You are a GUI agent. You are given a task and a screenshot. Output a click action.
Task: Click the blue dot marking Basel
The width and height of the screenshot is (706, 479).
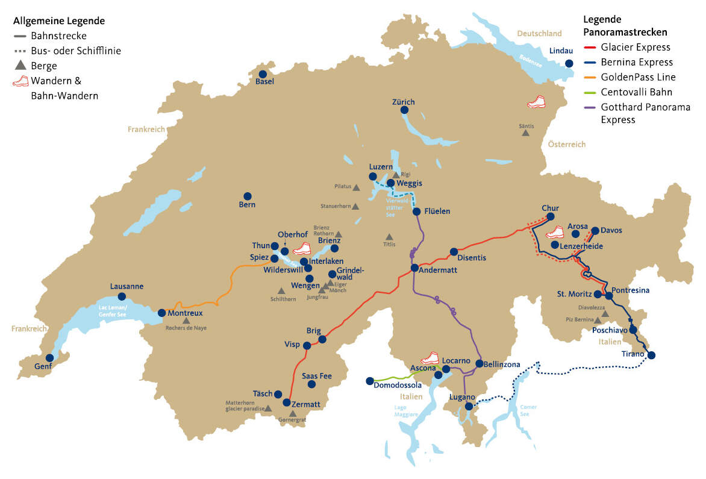pyautogui.click(x=263, y=74)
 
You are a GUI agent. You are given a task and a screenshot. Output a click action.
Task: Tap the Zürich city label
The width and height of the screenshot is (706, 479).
pyautogui.click(x=403, y=102)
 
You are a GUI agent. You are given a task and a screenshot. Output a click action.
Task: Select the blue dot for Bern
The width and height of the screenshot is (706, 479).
pyautogui.click(x=247, y=196)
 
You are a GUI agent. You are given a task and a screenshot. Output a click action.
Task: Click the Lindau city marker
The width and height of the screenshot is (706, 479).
pyautogui.click(x=569, y=63)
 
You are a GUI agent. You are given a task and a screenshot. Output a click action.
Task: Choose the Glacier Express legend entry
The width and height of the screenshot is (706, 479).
pyautogui.click(x=635, y=48)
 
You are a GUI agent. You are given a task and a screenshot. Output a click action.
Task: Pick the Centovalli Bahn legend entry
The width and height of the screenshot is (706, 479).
pyautogui.click(x=636, y=92)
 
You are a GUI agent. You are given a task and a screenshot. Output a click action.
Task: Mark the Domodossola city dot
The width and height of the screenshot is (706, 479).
pyautogui.click(x=369, y=381)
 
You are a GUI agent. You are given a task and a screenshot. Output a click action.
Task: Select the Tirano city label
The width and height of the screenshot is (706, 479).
pyautogui.click(x=633, y=354)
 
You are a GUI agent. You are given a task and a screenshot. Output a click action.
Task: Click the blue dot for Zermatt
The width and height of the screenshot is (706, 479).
pyautogui.click(x=287, y=402)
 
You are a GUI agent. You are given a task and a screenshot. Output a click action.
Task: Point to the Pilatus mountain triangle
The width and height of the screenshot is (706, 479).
pyautogui.click(x=356, y=187)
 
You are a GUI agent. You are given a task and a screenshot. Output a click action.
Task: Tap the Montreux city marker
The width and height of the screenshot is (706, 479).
pyautogui.click(x=161, y=313)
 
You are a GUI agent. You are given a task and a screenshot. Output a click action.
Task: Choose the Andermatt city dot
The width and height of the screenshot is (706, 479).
pyautogui.click(x=414, y=268)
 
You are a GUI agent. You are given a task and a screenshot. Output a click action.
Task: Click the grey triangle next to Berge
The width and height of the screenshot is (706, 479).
pyautogui.click(x=20, y=66)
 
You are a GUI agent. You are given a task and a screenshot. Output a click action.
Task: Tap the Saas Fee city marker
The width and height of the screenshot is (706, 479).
pyautogui.click(x=311, y=384)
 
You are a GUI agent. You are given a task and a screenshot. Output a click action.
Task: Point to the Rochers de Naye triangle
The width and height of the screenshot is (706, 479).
pyautogui.click(x=186, y=321)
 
